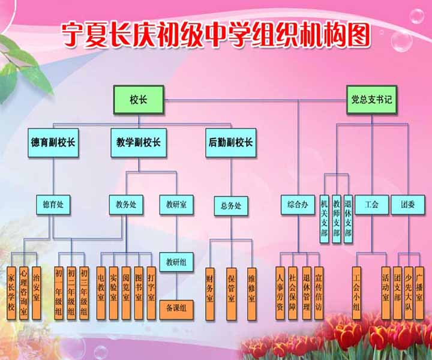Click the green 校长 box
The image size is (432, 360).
[x=138, y=100]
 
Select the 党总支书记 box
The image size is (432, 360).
[x=371, y=100]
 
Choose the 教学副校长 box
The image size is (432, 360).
[x=138, y=143]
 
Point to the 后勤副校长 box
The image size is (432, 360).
[x=231, y=143]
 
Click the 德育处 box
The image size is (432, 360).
[x=53, y=205]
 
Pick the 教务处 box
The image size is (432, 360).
[x=126, y=205]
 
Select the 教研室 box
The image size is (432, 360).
[x=176, y=205]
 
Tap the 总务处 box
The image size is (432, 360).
[x=231, y=206]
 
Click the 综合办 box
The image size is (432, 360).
[x=298, y=205]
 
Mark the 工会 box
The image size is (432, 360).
[x=371, y=205]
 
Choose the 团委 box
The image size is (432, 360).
[x=408, y=205]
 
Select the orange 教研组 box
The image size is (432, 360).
[x=176, y=262]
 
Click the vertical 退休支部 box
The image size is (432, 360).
[x=349, y=219]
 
